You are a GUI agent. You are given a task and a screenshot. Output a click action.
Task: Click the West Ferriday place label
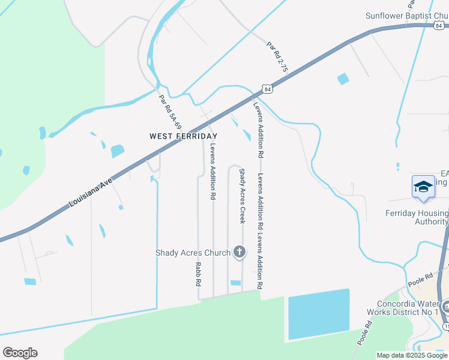click(x=183, y=136)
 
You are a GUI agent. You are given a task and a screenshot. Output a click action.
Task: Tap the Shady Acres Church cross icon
click(x=240, y=252)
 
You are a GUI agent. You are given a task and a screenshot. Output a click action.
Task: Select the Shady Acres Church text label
click(x=193, y=253)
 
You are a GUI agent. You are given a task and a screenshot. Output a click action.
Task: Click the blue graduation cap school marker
click(x=423, y=187)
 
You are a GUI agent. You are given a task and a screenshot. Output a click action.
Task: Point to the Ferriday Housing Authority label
click(x=417, y=217)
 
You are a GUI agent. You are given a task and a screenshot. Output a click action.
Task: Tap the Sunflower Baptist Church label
click(x=407, y=16)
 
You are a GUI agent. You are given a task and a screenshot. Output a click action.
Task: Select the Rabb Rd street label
click(x=197, y=274)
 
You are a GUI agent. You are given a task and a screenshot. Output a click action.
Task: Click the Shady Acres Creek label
click(x=243, y=196)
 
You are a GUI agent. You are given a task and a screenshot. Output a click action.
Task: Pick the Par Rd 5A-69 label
click(x=170, y=113)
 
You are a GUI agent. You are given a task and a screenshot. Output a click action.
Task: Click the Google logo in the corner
click(x=20, y=353)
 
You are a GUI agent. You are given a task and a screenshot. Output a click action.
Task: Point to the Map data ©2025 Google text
click(x=412, y=355)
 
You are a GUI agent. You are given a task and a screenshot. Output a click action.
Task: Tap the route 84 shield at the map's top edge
click(x=440, y=26)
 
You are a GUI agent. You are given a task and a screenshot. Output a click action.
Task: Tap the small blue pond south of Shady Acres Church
click(x=235, y=283)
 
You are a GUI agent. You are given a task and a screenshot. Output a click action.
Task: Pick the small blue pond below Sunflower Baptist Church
click(x=343, y=79)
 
